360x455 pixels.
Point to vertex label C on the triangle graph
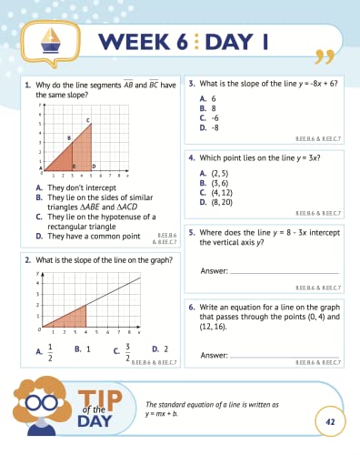pyautogui.click(x=88, y=120)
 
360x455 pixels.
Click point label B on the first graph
pyautogui.click(x=68, y=138)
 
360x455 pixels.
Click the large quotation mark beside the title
pyautogui.click(x=322, y=55)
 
